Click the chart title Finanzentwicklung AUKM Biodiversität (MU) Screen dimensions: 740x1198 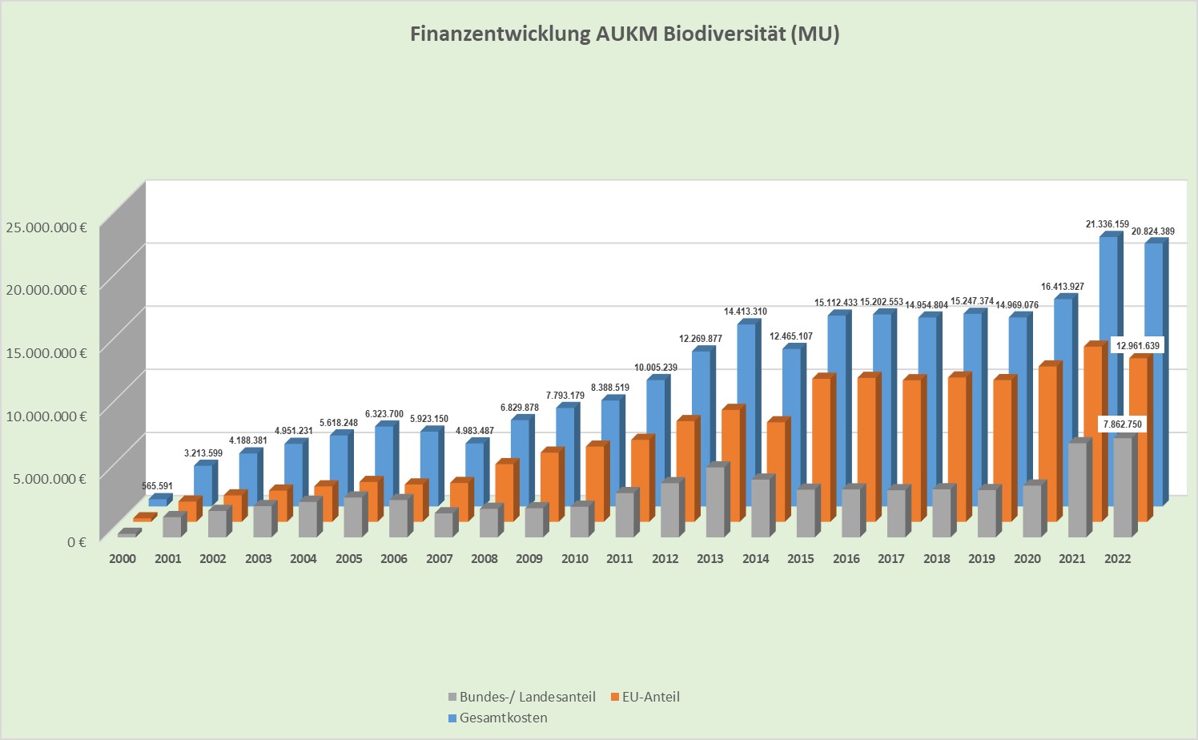(x=625, y=34)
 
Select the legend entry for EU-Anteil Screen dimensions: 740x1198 (x=644, y=697)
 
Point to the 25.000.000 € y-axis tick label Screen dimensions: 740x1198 (x=46, y=227)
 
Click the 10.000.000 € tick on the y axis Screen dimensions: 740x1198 (x=46, y=416)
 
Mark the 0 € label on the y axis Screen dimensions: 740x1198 (x=76, y=542)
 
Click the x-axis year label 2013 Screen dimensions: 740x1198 (x=710, y=559)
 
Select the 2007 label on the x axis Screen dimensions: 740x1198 (x=439, y=559)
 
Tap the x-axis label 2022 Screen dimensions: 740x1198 (x=1117, y=559)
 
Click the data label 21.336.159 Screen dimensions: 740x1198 (x=1108, y=224)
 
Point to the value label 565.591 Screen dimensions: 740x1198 (x=157, y=486)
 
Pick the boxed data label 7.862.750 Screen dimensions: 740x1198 (x=1122, y=424)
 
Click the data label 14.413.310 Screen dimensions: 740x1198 (x=745, y=312)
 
